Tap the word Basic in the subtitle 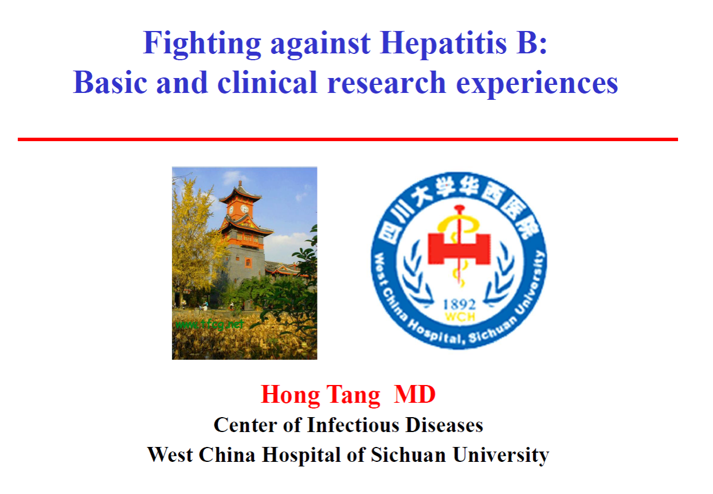point(110,83)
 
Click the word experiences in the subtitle point(537,84)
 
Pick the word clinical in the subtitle point(267,82)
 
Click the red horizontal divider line point(347,139)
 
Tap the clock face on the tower point(244,209)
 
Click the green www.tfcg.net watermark point(209,324)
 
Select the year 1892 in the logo point(459,305)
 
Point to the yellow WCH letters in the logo point(460,317)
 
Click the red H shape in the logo point(459,248)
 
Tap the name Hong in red point(290,395)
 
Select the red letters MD point(414,394)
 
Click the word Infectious point(353,425)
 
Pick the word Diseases point(444,425)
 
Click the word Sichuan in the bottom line point(409,454)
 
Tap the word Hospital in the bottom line point(301,455)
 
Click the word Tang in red point(353,395)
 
